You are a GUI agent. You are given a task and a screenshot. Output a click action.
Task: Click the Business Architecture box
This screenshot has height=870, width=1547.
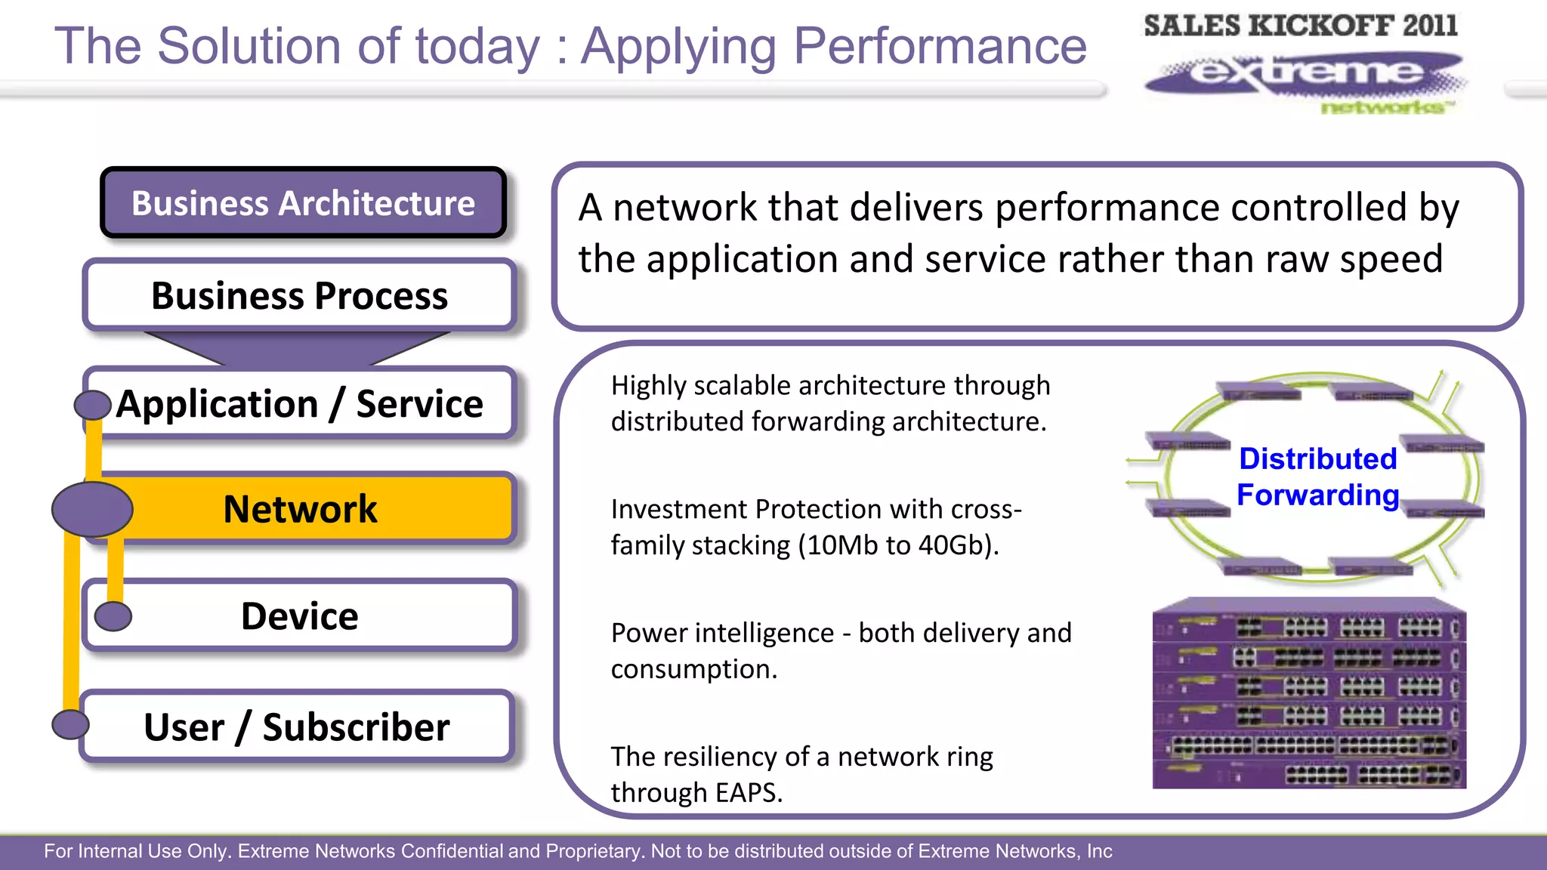(303, 203)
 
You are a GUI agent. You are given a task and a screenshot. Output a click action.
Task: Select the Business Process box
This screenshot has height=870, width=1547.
(299, 295)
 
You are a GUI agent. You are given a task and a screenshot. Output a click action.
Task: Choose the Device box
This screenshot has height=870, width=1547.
(300, 615)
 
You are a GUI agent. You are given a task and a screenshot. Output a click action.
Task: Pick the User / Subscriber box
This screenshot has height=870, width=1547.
(297, 727)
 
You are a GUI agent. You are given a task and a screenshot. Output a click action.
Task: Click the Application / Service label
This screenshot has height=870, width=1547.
(299, 403)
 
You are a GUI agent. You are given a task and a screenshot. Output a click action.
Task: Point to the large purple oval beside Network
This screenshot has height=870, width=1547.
(92, 510)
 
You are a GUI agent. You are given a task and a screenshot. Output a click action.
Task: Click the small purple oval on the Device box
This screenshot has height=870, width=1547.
(113, 616)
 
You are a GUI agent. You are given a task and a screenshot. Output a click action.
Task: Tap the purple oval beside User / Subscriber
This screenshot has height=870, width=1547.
(70, 724)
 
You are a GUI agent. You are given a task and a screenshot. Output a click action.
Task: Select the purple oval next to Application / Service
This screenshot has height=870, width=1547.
(93, 405)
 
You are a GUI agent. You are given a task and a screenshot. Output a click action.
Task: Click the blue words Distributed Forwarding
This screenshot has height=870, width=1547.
(1318, 477)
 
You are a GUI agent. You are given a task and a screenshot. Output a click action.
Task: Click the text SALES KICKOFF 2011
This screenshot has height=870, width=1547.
(1300, 26)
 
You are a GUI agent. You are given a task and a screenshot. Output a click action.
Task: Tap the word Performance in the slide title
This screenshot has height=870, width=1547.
(940, 47)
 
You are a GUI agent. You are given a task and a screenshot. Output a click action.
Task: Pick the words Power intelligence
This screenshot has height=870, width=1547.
(722, 633)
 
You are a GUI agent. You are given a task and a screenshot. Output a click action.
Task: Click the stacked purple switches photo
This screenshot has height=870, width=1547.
(1309, 693)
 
